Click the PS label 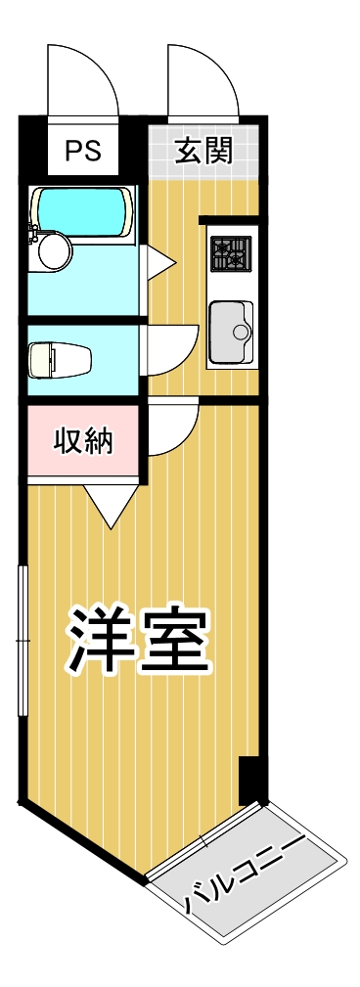click(83, 151)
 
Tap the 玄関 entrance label click(202, 151)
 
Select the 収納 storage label click(83, 441)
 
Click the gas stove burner click(231, 254)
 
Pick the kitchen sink click(230, 333)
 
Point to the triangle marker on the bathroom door click(158, 261)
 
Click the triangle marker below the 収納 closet click(109, 503)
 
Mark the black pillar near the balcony click(250, 779)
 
